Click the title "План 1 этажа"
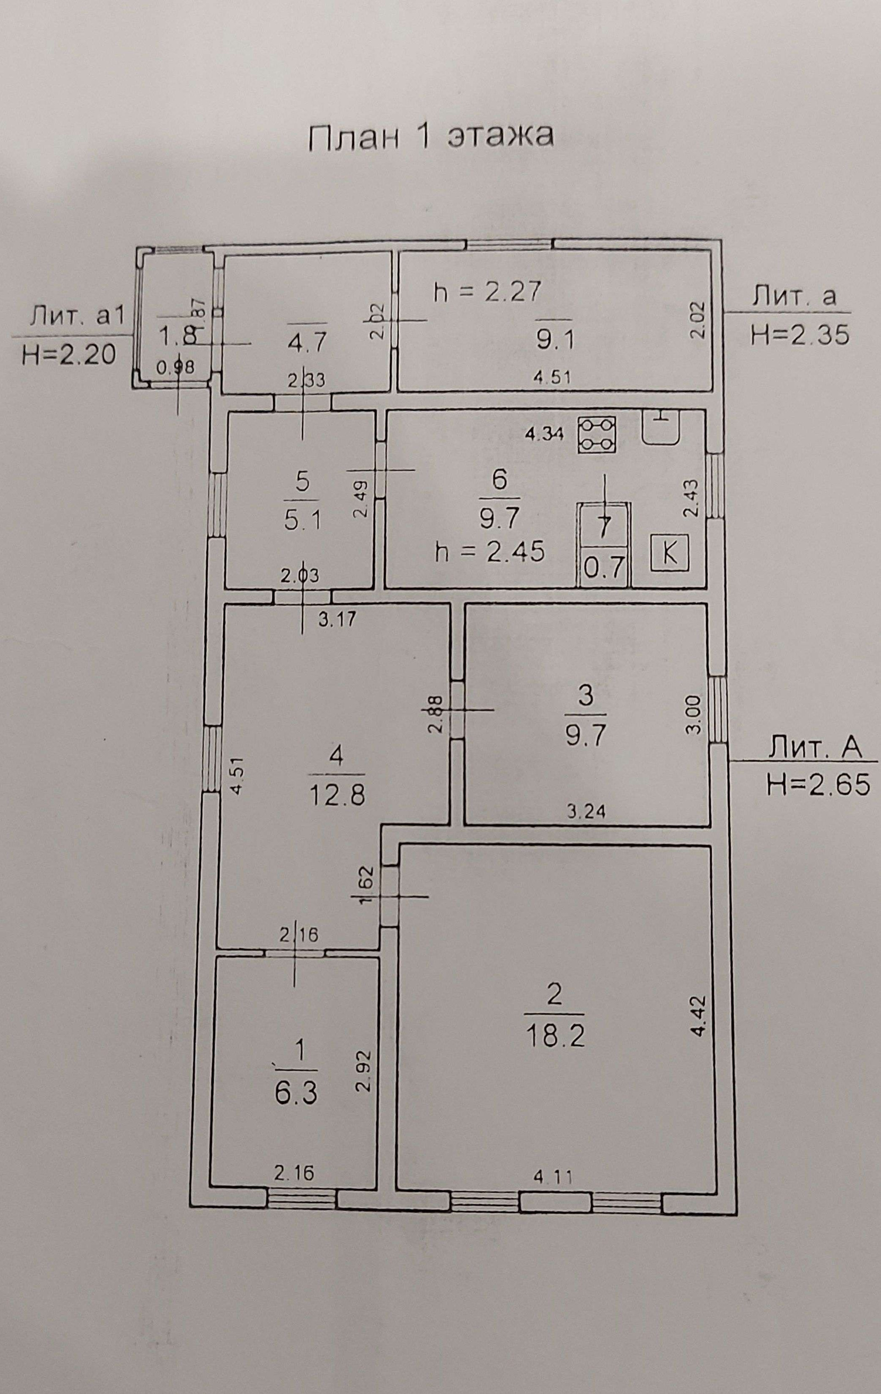point(431,137)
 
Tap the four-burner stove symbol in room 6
point(596,434)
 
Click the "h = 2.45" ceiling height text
point(491,552)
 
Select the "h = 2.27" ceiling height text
point(487,292)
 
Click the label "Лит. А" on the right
point(815,748)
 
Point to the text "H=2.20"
point(69,354)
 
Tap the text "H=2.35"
point(800,334)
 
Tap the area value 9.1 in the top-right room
point(555,341)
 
